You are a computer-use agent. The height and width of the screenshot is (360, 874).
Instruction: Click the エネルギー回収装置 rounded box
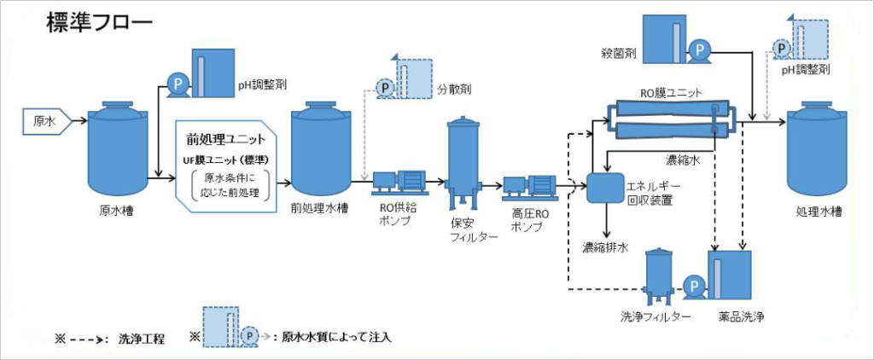point(605,186)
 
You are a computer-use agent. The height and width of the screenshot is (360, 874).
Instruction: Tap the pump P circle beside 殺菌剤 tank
point(699,50)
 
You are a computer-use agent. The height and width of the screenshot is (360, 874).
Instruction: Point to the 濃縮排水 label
point(605,248)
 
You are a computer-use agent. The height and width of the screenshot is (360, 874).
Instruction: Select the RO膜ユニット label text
point(672,93)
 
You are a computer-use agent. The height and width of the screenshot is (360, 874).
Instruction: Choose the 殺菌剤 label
point(619,54)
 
